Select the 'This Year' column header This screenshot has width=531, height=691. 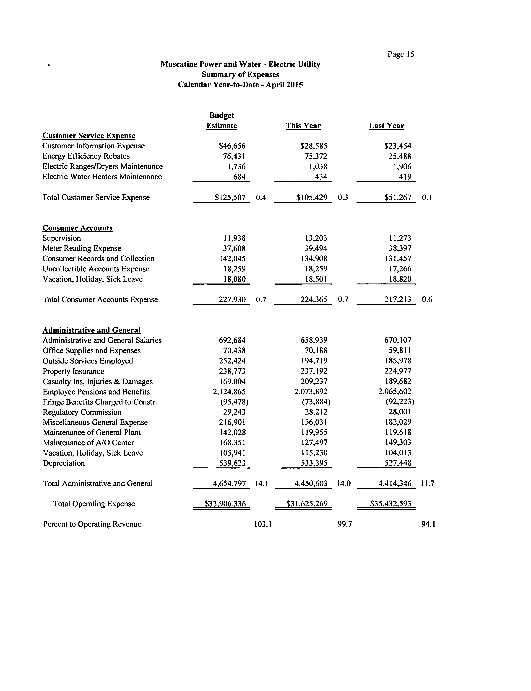(x=303, y=126)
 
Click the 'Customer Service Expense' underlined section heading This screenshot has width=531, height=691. (x=89, y=136)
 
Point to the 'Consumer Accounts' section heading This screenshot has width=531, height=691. (x=77, y=228)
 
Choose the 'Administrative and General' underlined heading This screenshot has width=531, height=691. (x=91, y=330)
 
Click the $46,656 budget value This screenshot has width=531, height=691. (x=232, y=146)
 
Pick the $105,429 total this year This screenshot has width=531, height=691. (x=312, y=198)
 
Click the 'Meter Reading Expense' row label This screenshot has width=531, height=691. (x=82, y=249)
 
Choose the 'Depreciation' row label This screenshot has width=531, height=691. (x=64, y=463)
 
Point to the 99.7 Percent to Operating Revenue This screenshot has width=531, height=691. (x=345, y=524)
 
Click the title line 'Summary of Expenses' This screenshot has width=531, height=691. (x=240, y=75)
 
